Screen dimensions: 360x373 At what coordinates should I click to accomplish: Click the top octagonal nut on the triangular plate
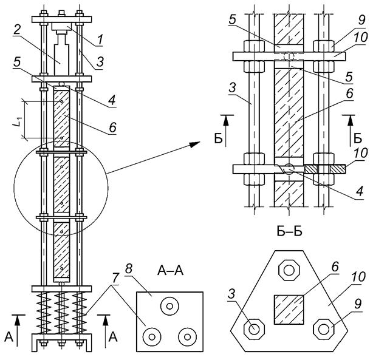pyautogui.click(x=289, y=270)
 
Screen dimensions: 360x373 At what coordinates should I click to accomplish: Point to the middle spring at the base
pyautogui.click(x=61, y=310)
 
